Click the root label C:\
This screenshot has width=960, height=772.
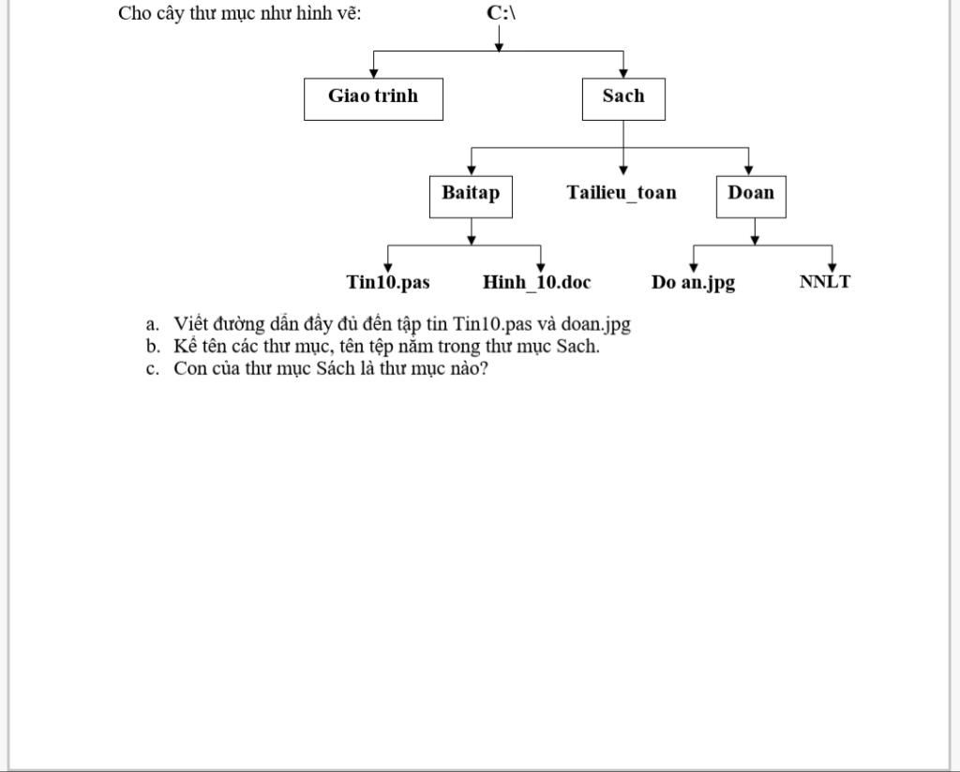[x=502, y=13]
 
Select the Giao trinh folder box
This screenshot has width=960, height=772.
[x=373, y=97]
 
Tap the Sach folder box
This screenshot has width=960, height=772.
[x=623, y=97]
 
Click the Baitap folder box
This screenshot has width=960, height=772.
[x=471, y=195]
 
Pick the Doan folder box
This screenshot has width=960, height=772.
[x=751, y=195]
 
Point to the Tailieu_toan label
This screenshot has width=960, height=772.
[x=622, y=193]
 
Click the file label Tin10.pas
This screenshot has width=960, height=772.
[x=388, y=282]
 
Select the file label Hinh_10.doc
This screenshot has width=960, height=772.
[x=537, y=282]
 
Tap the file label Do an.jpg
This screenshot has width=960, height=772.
[x=694, y=282]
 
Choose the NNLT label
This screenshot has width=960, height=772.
[x=825, y=282]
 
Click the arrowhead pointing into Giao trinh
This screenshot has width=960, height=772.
[x=374, y=73]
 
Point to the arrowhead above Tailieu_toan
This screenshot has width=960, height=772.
[x=623, y=171]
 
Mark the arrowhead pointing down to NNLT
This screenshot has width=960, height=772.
[x=832, y=267]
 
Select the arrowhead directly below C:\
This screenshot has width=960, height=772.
[x=498, y=46]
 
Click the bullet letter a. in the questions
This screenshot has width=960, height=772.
[x=153, y=325]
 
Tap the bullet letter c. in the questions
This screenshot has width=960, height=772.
[x=152, y=368]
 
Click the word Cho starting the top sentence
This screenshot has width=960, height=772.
[x=135, y=13]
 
